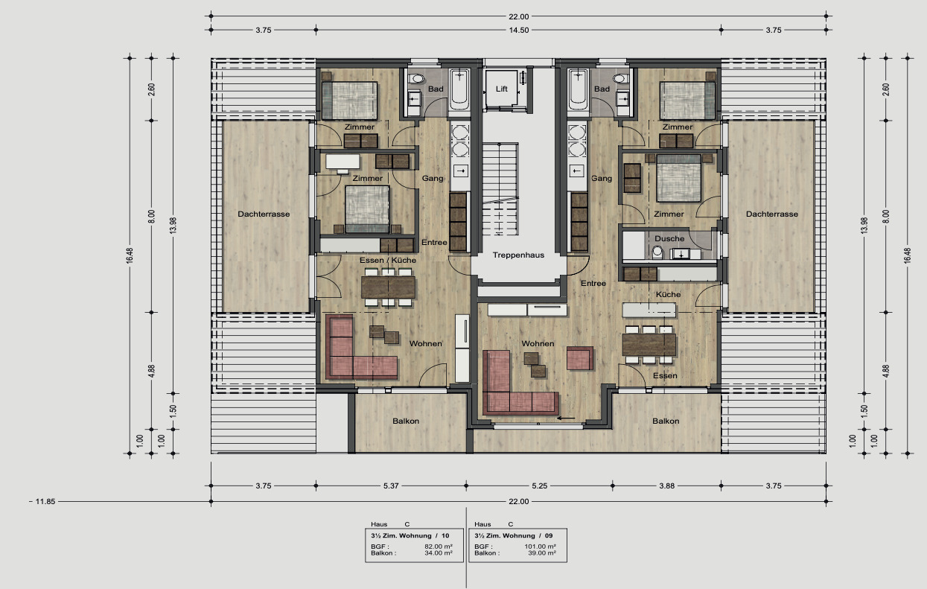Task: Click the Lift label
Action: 502,89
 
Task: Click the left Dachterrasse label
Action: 264,214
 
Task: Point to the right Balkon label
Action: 666,421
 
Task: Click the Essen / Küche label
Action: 388,260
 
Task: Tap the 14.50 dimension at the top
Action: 519,31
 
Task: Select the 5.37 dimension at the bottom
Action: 391,485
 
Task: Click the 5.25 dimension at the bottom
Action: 540,485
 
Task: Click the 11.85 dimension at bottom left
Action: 45,501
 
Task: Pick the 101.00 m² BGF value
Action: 541,547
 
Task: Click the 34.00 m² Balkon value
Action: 438,553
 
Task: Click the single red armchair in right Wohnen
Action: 579,357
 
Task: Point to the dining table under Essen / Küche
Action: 387,287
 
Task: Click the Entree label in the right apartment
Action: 593,283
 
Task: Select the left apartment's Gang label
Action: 433,178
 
